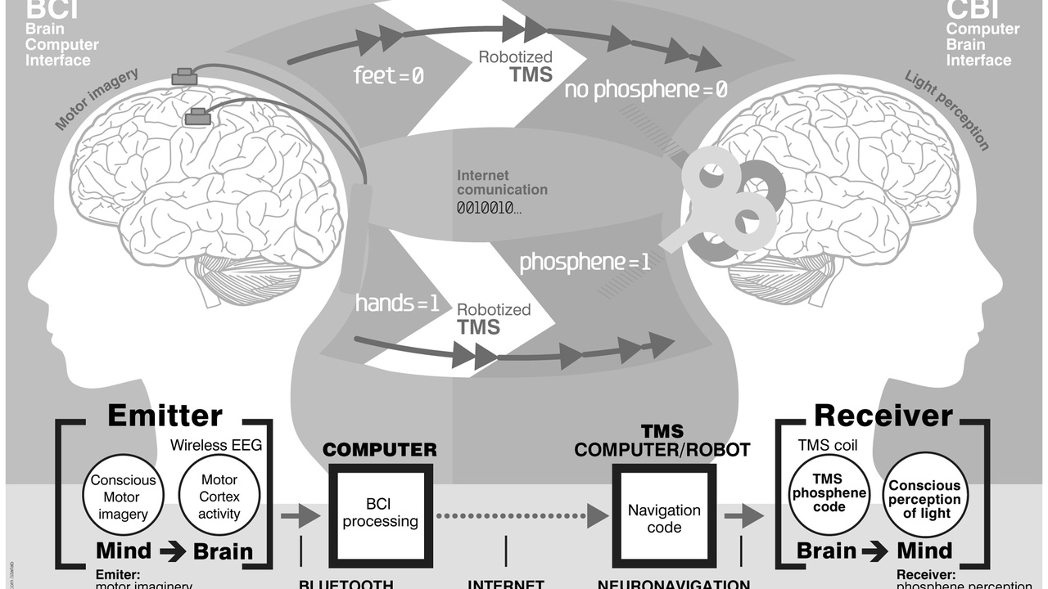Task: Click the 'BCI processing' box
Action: coord(380,513)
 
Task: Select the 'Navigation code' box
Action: coord(664,518)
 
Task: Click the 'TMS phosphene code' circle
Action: coord(829,493)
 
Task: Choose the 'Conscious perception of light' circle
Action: coord(925,498)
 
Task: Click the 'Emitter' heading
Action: coord(165,416)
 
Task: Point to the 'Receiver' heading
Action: coord(883,416)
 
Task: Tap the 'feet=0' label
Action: coord(389,76)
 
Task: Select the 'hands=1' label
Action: coord(397,303)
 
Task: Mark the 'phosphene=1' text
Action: coord(585,263)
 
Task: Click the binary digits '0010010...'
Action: coord(490,208)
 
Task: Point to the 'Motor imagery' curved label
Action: coord(97,100)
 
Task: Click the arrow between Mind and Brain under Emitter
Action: coord(173,551)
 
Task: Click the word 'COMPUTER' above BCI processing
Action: coord(380,450)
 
